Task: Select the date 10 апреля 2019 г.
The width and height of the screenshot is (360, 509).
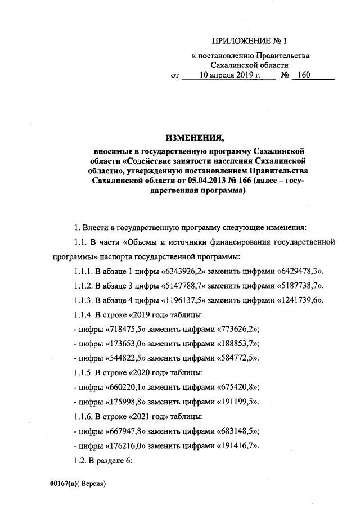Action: click(x=230, y=75)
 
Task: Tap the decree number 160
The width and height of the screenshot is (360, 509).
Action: click(x=304, y=75)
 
